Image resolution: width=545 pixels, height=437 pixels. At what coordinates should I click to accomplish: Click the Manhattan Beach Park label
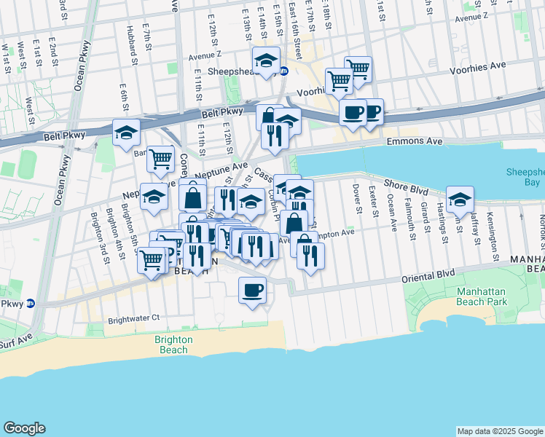point(481,296)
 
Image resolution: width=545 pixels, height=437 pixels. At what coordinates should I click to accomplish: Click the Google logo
point(24,428)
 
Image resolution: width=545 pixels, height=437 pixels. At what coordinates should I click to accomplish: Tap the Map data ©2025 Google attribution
point(499,431)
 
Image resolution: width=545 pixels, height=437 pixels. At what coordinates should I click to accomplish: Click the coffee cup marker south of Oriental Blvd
point(253,291)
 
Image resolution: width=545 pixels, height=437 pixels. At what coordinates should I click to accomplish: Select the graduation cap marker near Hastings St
point(460,200)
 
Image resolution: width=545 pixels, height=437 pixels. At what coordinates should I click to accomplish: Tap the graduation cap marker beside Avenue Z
point(267,60)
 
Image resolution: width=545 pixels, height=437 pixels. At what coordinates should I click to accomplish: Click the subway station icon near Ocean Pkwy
point(30,304)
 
